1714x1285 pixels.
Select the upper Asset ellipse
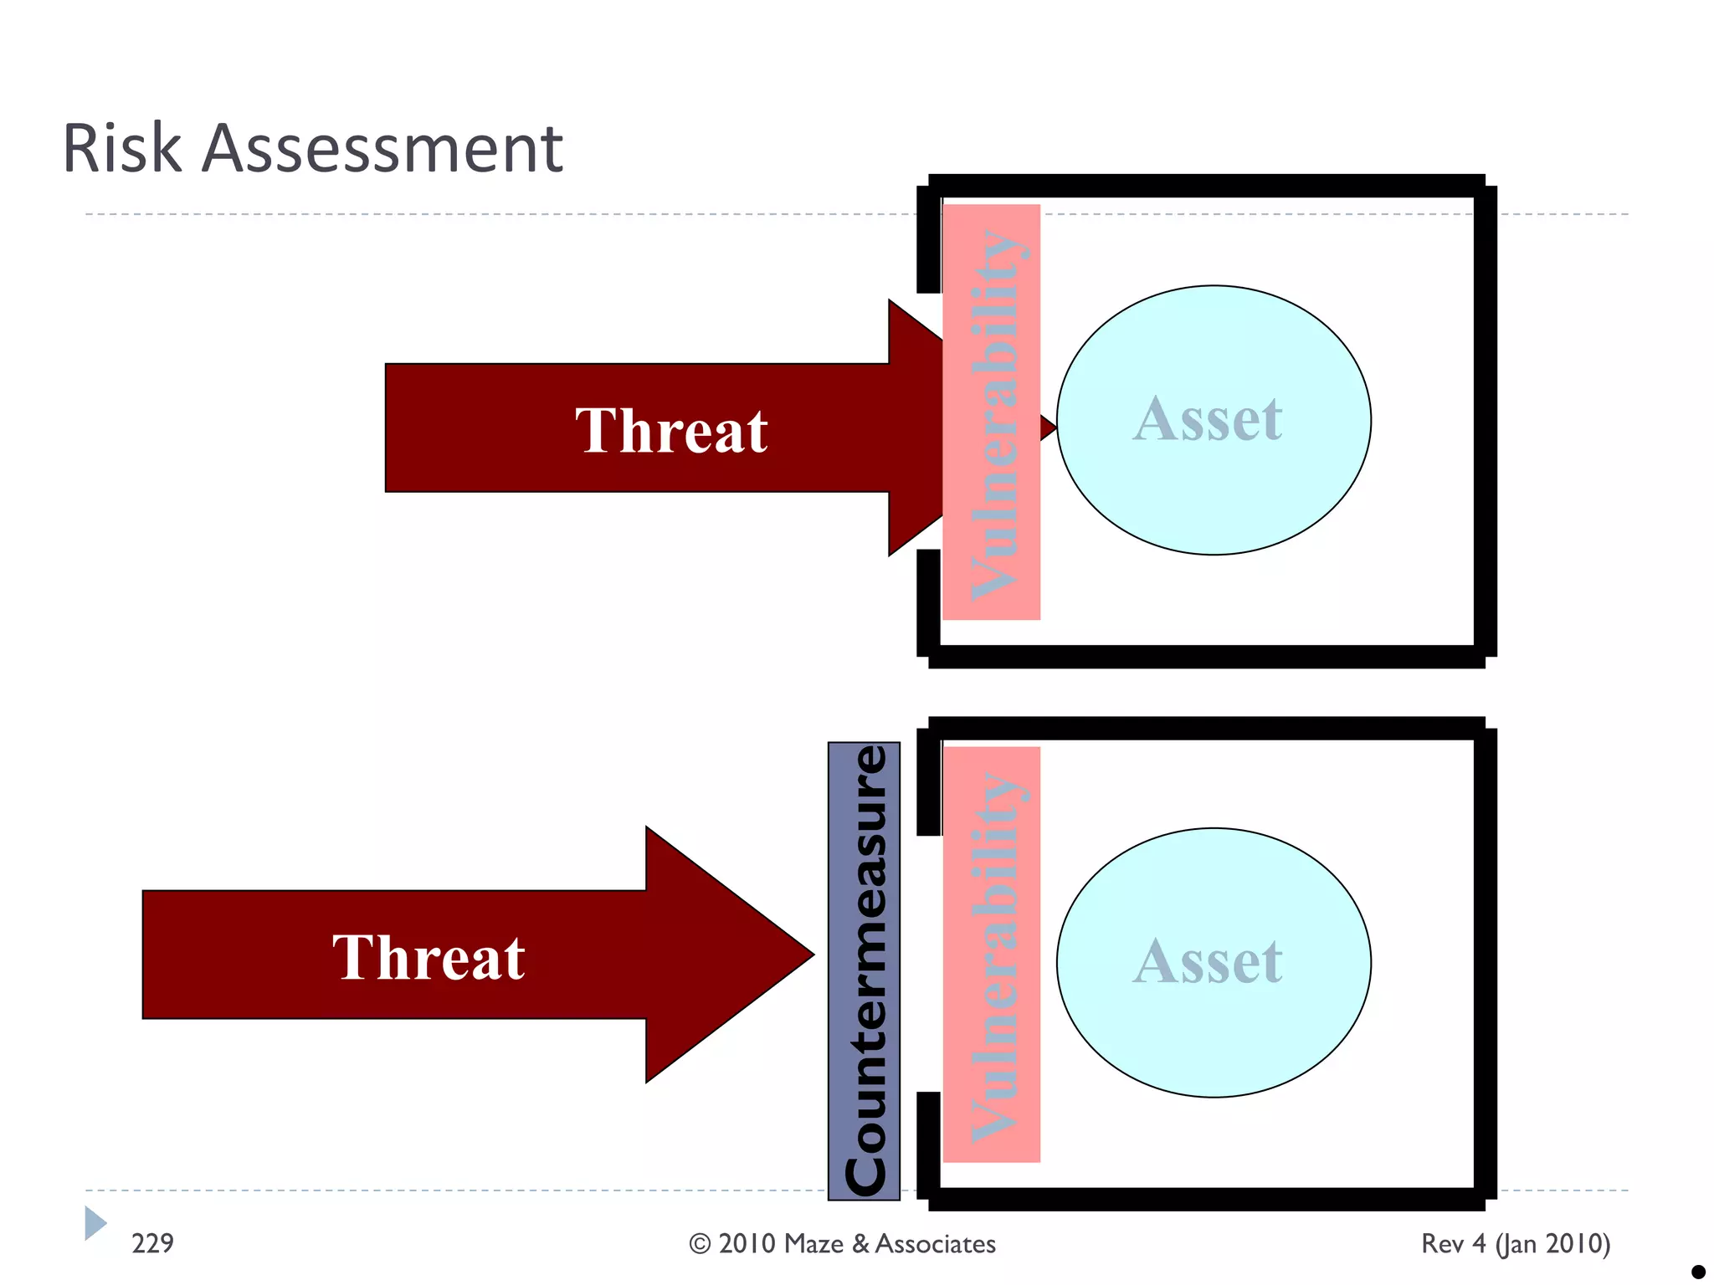pyautogui.click(x=1213, y=420)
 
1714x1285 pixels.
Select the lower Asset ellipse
pyautogui.click(x=1213, y=962)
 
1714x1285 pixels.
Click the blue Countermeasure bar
pyautogui.click(x=864, y=970)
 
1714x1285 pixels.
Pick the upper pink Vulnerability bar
pyautogui.click(x=992, y=412)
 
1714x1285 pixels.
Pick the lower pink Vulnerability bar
pyautogui.click(x=992, y=954)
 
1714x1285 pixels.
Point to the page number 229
pyautogui.click(x=153, y=1243)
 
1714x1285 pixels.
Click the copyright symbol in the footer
pyautogui.click(x=700, y=1244)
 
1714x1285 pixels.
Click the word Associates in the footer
pyautogui.click(x=935, y=1244)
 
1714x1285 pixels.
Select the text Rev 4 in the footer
pyautogui.click(x=1453, y=1244)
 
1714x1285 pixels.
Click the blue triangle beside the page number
pyautogui.click(x=95, y=1223)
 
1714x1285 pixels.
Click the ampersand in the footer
pyautogui.click(x=860, y=1244)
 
